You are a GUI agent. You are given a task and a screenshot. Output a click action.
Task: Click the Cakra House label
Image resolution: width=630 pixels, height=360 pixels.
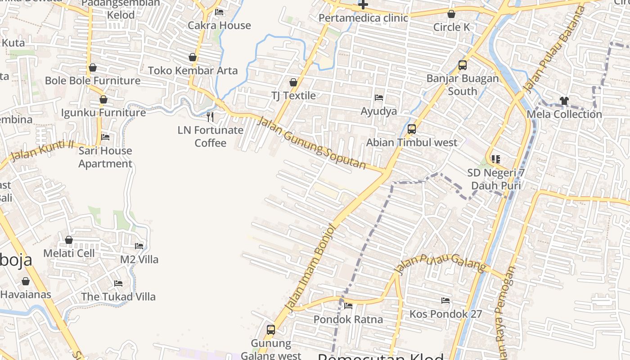coord(219,25)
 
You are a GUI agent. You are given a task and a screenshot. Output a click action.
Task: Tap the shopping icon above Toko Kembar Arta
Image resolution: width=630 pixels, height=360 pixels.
coord(193,57)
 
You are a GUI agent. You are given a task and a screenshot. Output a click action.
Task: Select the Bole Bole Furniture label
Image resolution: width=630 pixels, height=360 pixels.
coord(93,81)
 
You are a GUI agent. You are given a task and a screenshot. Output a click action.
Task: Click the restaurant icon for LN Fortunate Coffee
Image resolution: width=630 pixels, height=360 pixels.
coord(210,117)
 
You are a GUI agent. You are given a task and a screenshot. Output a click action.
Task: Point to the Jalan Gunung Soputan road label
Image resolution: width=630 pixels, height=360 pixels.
coord(311,142)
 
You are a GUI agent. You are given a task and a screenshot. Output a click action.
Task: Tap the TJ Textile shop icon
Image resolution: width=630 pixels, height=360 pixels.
coord(293,82)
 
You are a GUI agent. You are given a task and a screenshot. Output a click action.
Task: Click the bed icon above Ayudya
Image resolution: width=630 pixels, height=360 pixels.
coord(379,98)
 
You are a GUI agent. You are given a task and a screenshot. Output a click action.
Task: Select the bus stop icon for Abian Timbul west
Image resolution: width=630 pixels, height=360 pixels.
coord(411,129)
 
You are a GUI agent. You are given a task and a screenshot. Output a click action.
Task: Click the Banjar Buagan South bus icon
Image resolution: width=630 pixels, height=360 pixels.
coord(463,65)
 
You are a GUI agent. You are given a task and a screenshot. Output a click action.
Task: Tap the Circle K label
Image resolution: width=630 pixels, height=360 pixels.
coord(451,27)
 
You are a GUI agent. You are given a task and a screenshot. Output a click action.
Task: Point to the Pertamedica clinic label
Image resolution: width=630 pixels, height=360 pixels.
coord(363,18)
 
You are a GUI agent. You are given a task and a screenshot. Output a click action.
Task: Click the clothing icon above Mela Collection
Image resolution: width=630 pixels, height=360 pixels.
coord(564,101)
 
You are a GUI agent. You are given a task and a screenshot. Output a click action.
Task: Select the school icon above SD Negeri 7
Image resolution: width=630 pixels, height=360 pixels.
coord(496,159)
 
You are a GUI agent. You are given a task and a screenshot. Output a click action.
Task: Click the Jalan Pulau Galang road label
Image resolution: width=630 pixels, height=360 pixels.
coord(441,263)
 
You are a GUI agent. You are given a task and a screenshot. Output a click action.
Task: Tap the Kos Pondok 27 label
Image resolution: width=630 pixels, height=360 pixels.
coord(445,314)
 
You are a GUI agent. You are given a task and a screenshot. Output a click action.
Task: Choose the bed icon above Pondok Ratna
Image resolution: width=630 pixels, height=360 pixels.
coord(348,306)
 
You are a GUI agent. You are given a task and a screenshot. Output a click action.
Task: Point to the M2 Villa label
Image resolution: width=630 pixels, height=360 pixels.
coord(139,259)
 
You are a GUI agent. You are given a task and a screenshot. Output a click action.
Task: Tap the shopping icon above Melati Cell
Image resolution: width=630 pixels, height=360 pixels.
coord(69,240)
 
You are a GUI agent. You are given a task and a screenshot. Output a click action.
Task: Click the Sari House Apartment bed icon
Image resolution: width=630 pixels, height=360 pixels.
coord(105,137)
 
